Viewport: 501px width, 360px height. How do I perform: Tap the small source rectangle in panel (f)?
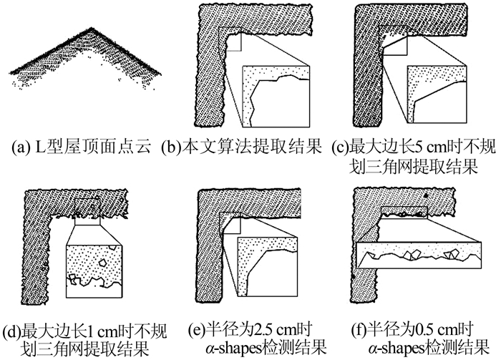click(404, 212)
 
